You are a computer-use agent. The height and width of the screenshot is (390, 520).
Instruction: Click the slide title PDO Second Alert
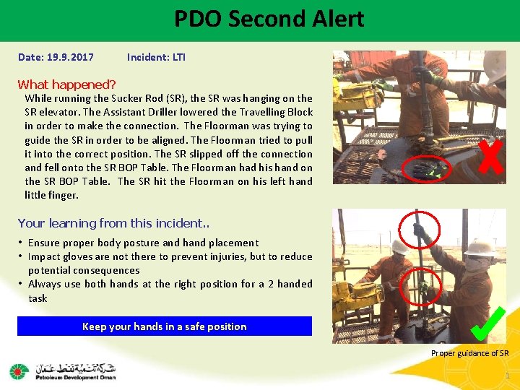pyautogui.click(x=269, y=19)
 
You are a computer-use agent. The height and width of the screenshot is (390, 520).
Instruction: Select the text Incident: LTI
pyautogui.click(x=156, y=57)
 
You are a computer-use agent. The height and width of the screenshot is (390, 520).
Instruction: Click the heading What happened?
pyautogui.click(x=66, y=84)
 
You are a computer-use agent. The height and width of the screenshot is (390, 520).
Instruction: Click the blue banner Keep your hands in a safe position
pyautogui.click(x=165, y=326)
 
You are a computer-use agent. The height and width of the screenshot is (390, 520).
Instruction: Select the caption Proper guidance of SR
pyautogui.click(x=469, y=353)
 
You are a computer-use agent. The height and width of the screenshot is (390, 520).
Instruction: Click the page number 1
pyautogui.click(x=508, y=376)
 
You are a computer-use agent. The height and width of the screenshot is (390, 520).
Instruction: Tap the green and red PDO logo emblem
pyautogui.click(x=18, y=372)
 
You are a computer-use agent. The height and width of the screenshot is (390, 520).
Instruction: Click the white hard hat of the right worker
pyautogui.click(x=480, y=248)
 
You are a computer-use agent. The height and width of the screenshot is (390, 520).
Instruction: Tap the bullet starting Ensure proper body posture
pyautogui.click(x=143, y=243)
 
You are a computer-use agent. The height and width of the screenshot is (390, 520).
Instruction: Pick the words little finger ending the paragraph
pyautogui.click(x=51, y=195)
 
